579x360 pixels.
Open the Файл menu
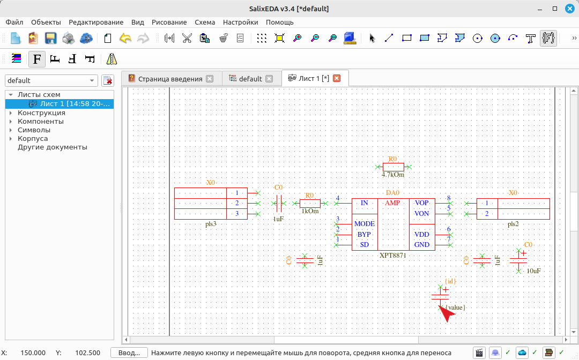click(14, 22)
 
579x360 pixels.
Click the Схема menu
click(205, 22)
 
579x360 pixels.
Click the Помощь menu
click(279, 22)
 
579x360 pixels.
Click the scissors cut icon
click(187, 38)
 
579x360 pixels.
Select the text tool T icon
click(530, 38)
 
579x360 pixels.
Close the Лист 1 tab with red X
click(336, 78)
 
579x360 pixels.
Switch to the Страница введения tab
click(170, 79)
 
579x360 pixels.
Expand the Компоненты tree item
click(11, 122)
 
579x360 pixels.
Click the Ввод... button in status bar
click(129, 352)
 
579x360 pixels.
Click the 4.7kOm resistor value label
click(393, 175)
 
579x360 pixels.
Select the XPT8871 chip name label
click(392, 255)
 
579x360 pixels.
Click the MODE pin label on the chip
click(365, 223)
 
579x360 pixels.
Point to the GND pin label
click(422, 244)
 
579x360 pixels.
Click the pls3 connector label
click(211, 224)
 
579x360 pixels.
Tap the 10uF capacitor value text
click(533, 271)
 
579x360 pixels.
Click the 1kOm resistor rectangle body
click(310, 203)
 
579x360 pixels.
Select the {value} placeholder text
click(455, 307)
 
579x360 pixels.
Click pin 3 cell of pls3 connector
click(237, 214)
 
